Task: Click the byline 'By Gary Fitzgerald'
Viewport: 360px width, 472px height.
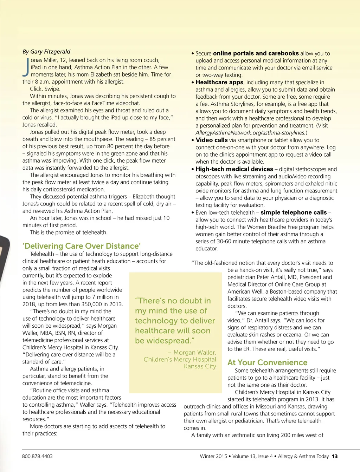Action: pyautogui.click(x=46, y=52)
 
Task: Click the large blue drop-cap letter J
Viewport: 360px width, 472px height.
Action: pyautogui.click(x=26, y=67)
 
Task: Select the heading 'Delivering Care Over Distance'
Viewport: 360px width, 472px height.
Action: pyautogui.click(x=82, y=246)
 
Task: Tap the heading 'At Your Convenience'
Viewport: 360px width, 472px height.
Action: pyautogui.click(x=267, y=362)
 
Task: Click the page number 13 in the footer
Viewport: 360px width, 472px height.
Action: pyautogui.click(x=335, y=456)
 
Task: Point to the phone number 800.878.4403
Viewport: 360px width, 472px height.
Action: pyautogui.click(x=37, y=456)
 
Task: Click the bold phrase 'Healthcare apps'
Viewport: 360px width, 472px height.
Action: pyautogui.click(x=219, y=82)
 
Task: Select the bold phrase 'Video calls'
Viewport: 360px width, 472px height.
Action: pyautogui.click(x=212, y=140)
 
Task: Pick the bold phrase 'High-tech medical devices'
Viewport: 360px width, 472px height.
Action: pyautogui.click(x=234, y=169)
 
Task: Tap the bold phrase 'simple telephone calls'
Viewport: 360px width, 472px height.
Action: pyautogui.click(x=294, y=212)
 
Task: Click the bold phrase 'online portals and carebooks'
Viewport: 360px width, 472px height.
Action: pyautogui.click(x=256, y=53)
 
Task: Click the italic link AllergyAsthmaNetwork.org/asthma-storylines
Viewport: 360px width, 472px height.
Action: pyautogui.click(x=251, y=133)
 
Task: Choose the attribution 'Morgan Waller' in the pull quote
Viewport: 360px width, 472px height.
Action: pyautogui.click(x=194, y=353)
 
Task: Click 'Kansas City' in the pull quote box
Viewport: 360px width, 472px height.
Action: pyautogui.click(x=200, y=366)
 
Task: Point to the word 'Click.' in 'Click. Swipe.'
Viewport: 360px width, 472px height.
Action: pyautogui.click(x=36, y=89)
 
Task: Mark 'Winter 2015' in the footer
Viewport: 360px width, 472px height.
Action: pyautogui.click(x=213, y=456)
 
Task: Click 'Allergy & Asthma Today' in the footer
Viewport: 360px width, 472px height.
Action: pyautogui.click(x=303, y=456)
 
